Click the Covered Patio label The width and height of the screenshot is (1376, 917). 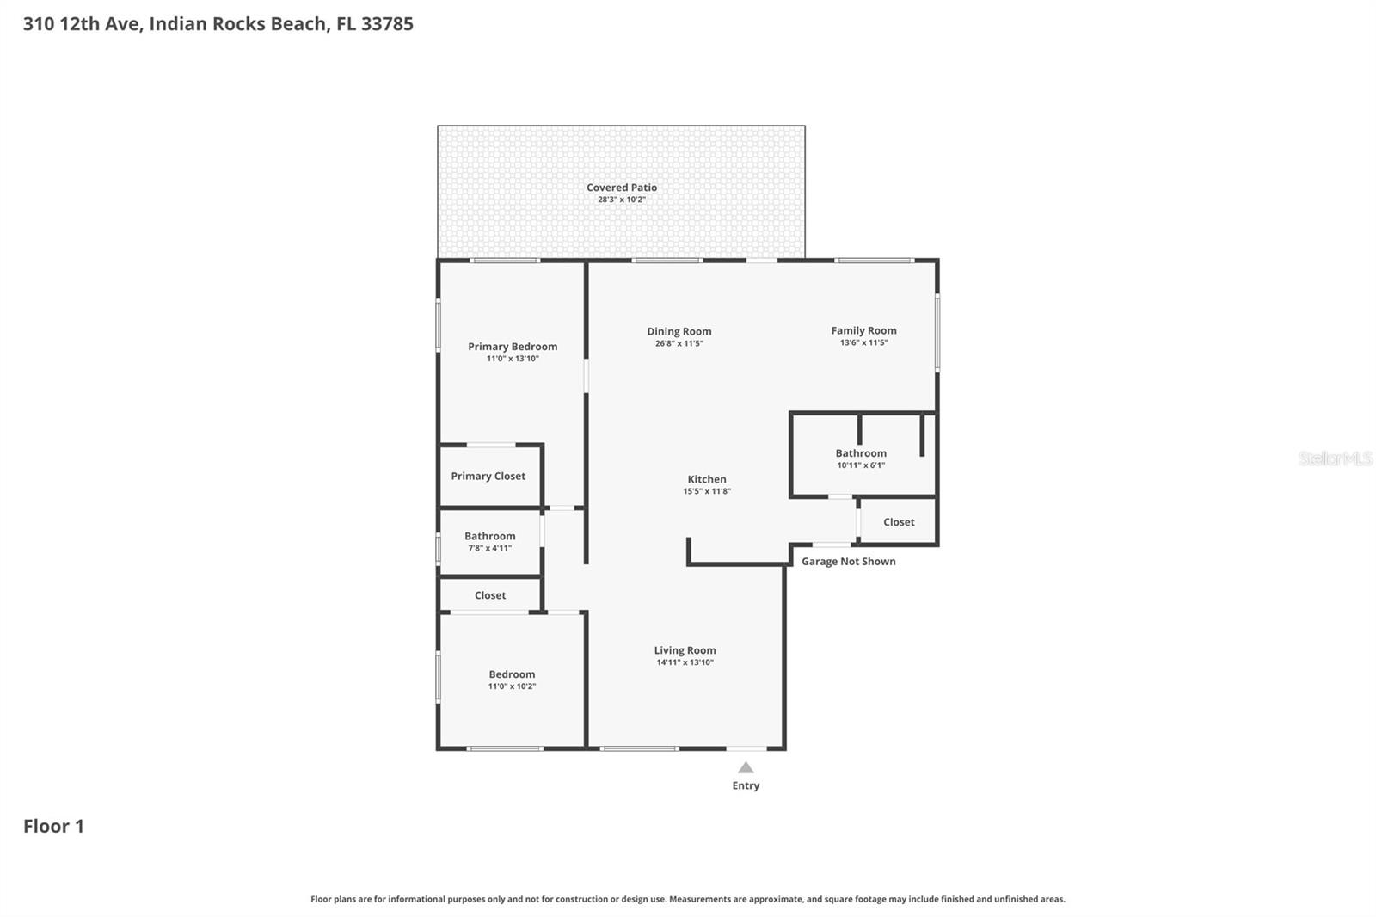pyautogui.click(x=621, y=188)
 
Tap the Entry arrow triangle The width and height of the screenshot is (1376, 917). pyautogui.click(x=746, y=768)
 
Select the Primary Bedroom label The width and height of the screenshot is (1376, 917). pyautogui.click(x=513, y=347)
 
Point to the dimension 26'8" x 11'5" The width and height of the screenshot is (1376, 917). pyautogui.click(x=679, y=344)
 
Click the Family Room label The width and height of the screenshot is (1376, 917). pyautogui.click(x=863, y=330)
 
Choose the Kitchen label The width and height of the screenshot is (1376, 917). pyautogui.click(x=706, y=479)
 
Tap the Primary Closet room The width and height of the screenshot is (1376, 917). pyautogui.click(x=488, y=477)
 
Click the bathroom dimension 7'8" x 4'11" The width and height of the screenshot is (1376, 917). pyautogui.click(x=489, y=548)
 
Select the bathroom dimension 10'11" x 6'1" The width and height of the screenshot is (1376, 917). pyautogui.click(x=861, y=465)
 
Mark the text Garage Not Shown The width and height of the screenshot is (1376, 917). pyautogui.click(x=848, y=562)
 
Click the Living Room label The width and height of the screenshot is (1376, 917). pyautogui.click(x=685, y=650)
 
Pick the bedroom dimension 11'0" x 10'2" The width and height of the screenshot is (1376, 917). pyautogui.click(x=512, y=686)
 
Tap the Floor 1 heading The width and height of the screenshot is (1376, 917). pyautogui.click(x=53, y=826)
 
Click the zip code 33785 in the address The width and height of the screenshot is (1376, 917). pyautogui.click(x=387, y=23)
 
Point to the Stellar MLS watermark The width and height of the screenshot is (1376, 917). pyautogui.click(x=1335, y=459)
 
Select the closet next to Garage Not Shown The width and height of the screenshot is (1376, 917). pyautogui.click(x=899, y=522)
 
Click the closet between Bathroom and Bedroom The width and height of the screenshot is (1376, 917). pyautogui.click(x=490, y=595)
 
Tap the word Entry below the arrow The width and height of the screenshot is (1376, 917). pyautogui.click(x=746, y=785)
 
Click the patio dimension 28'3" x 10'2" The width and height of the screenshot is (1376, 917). pyautogui.click(x=621, y=200)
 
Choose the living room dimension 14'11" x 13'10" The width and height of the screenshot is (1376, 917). pyautogui.click(x=685, y=662)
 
